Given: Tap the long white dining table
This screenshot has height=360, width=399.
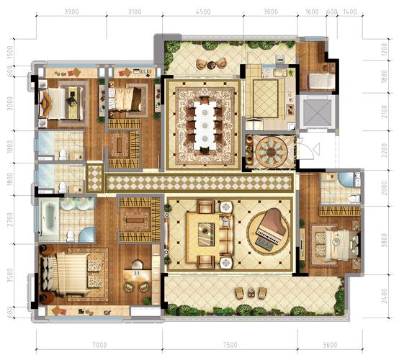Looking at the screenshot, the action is (205, 125).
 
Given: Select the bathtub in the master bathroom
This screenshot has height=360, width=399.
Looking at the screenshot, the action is (49, 220).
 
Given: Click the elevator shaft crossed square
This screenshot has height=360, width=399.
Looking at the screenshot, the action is (317, 112).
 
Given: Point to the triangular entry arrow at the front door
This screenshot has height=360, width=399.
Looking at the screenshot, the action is (316, 149).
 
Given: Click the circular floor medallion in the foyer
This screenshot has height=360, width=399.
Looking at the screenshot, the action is (271, 152).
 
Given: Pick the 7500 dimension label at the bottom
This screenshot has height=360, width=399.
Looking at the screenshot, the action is (230, 345).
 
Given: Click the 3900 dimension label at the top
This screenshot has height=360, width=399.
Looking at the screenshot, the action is (71, 12).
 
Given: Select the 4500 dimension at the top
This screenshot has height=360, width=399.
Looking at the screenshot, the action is (203, 12).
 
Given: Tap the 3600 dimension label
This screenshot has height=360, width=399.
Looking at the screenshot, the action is (330, 345).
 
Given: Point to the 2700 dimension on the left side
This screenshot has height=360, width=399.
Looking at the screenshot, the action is (9, 220).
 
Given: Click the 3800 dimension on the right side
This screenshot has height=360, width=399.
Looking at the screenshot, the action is (385, 240).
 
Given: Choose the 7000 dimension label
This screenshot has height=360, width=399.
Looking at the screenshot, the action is (99, 345).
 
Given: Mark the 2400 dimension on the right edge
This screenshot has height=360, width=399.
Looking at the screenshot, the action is (385, 296).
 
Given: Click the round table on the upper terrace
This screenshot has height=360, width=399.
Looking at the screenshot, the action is (212, 65).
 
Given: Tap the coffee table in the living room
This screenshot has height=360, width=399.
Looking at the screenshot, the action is (206, 234).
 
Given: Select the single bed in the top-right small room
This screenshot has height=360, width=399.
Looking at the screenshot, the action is (322, 81).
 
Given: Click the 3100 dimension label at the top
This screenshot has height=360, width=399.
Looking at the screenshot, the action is (135, 12).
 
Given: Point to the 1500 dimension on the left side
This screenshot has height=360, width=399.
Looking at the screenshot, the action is (9, 52).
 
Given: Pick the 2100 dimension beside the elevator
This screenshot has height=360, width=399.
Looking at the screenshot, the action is (385, 112).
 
